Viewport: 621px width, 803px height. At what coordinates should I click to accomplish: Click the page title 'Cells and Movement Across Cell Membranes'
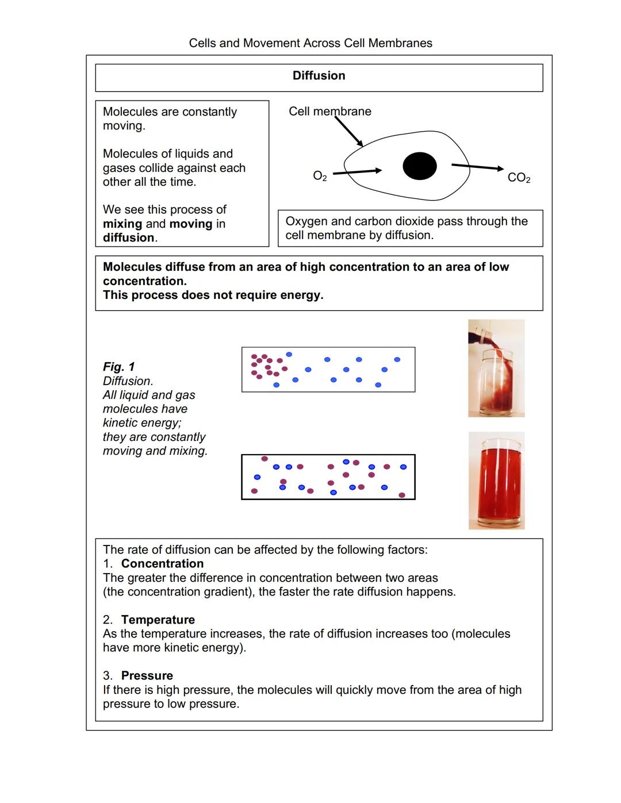click(310, 43)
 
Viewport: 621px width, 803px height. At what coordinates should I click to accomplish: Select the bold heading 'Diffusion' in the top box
click(319, 76)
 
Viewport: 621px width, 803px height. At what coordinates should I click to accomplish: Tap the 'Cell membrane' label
click(329, 112)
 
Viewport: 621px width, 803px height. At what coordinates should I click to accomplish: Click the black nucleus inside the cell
click(419, 166)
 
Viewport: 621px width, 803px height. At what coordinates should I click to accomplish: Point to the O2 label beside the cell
click(320, 176)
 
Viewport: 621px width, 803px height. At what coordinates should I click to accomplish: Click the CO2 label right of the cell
click(519, 178)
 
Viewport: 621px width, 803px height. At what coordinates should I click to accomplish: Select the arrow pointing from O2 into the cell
click(358, 171)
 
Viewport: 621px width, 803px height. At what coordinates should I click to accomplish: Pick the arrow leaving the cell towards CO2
click(477, 167)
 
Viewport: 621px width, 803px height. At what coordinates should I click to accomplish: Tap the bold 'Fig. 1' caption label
click(119, 367)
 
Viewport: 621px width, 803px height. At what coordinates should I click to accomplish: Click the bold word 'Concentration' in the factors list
click(162, 564)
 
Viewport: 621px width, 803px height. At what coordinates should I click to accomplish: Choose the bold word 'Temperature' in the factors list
click(158, 620)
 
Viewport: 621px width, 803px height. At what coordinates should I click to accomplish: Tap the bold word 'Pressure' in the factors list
click(147, 675)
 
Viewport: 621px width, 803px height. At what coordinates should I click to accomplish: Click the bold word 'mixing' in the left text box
click(122, 224)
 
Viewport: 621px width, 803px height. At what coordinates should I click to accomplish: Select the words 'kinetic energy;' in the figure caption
click(141, 423)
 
